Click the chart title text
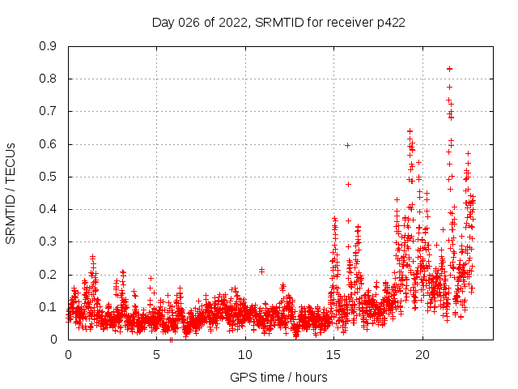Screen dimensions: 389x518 point(278,22)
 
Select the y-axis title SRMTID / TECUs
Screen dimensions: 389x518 point(11,193)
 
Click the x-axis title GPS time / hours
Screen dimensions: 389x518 point(278,377)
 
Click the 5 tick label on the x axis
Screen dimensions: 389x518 point(156,355)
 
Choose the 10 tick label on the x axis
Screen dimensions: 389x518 point(245,355)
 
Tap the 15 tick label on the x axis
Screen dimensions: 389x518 point(333,355)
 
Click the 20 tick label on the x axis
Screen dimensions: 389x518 point(422,355)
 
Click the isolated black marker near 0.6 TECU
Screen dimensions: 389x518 point(347,145)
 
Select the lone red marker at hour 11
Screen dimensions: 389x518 point(261,270)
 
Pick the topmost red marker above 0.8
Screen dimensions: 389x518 point(449,69)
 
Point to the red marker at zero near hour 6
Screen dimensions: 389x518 point(171,340)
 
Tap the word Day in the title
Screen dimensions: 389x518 point(163,22)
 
